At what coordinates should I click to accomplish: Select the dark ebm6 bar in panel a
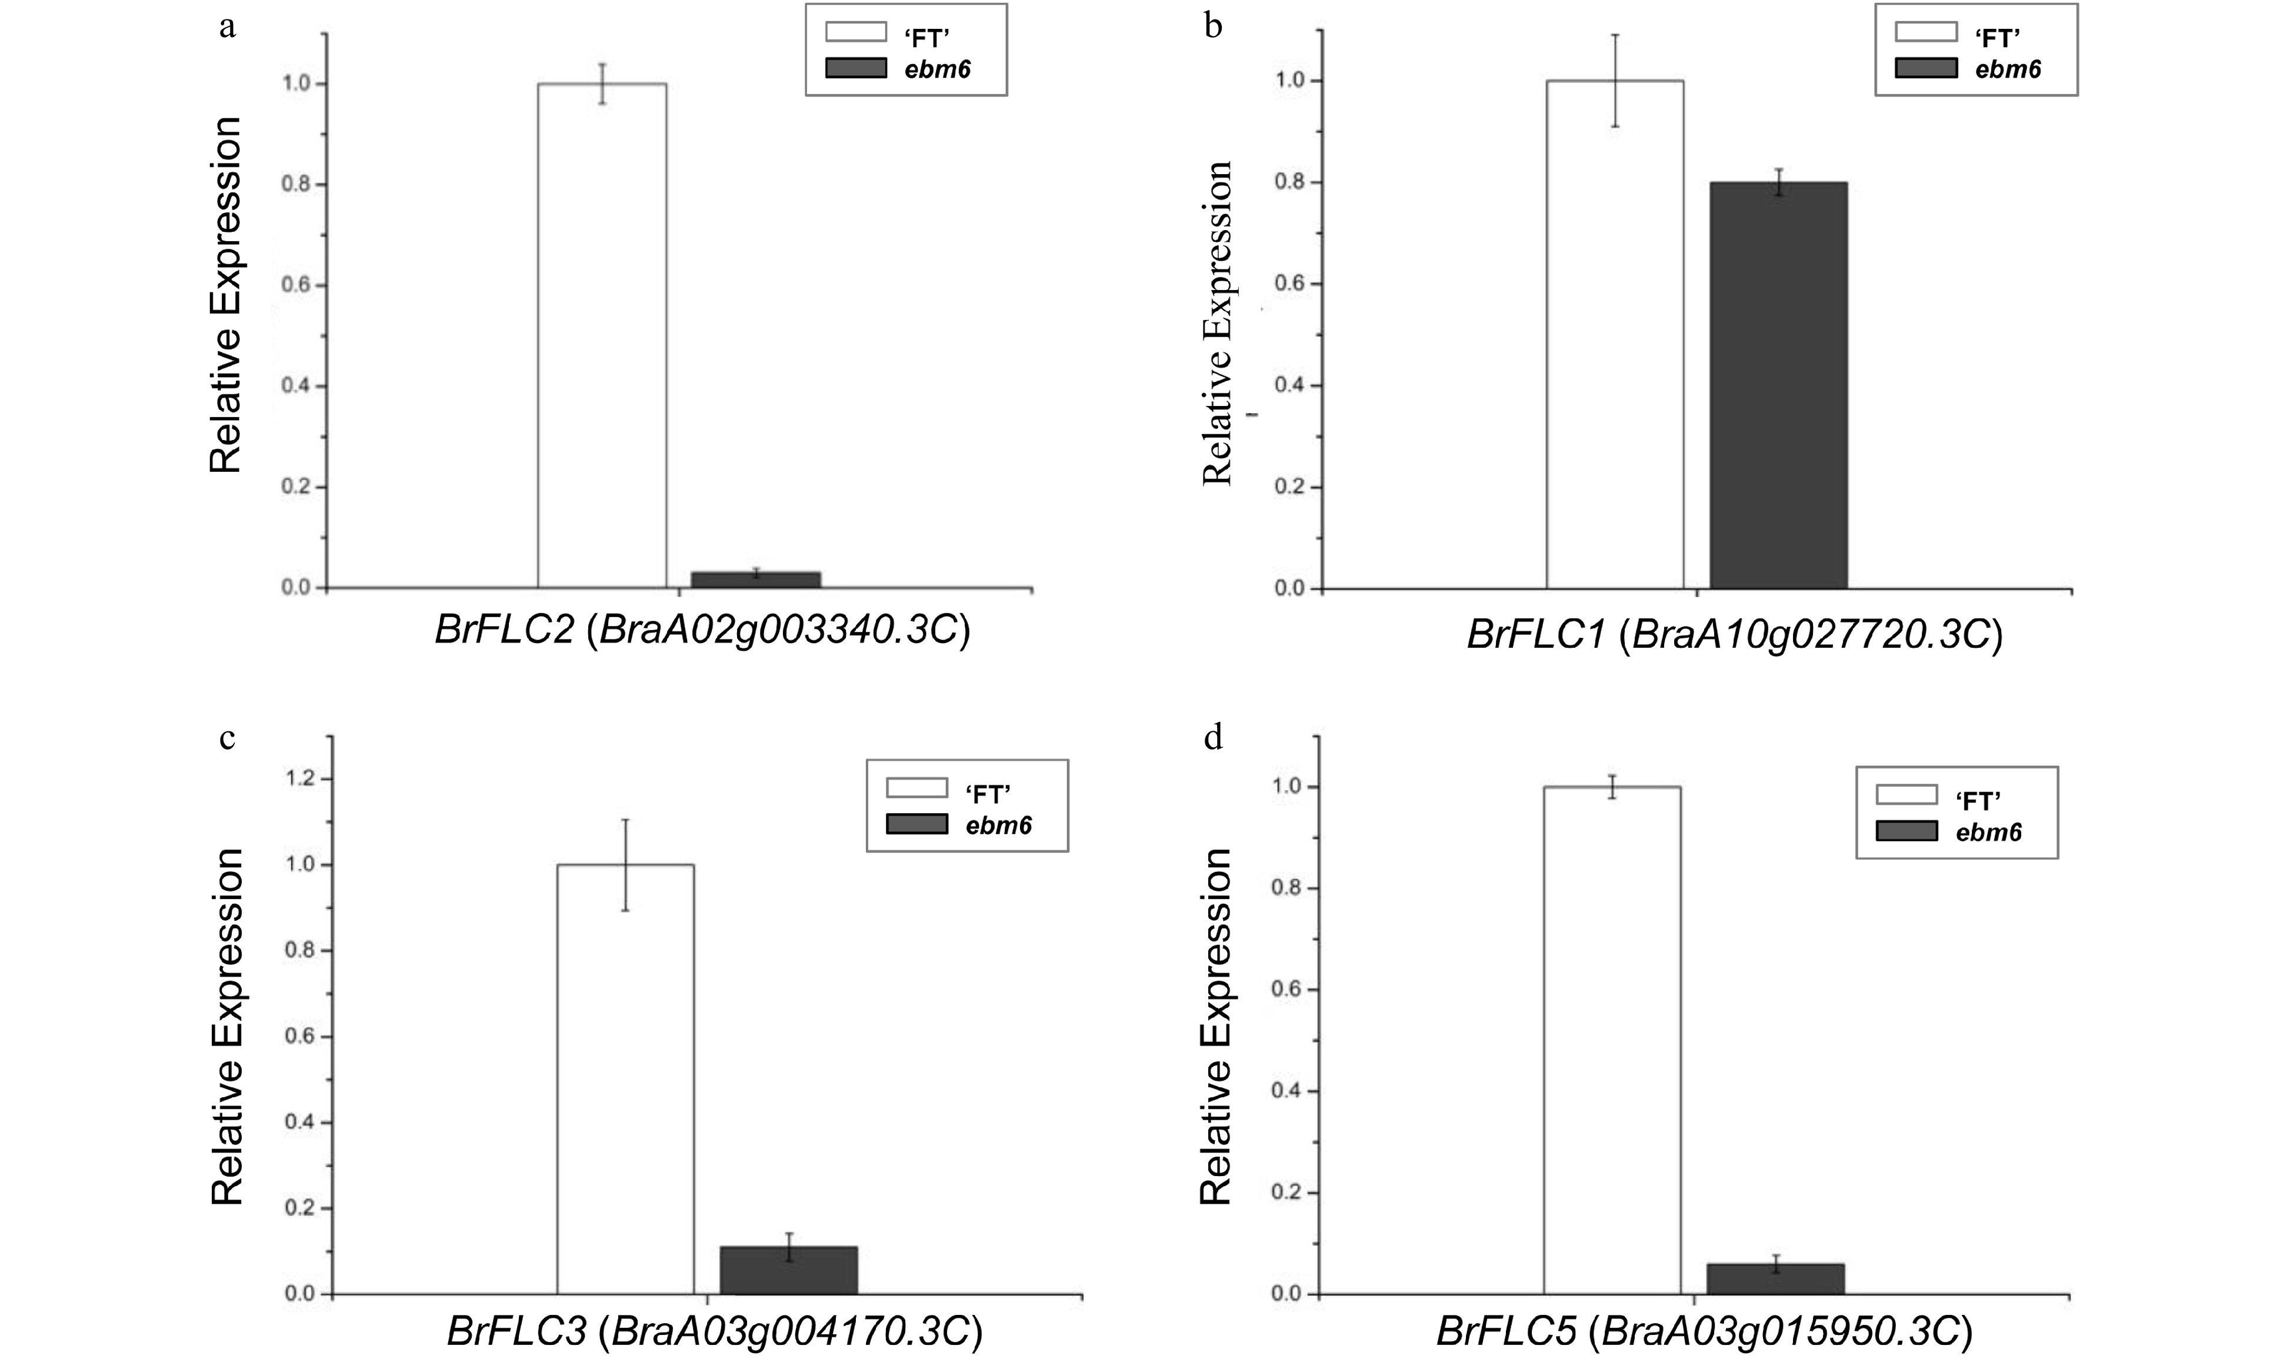pyautogui.click(x=755, y=579)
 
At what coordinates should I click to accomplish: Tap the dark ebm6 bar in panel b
pyautogui.click(x=1777, y=385)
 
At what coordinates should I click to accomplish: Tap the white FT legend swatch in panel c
pyautogui.click(x=916, y=787)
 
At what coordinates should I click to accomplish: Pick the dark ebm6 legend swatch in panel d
pyautogui.click(x=1906, y=831)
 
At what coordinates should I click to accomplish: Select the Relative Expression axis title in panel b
pyautogui.click(x=1217, y=323)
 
